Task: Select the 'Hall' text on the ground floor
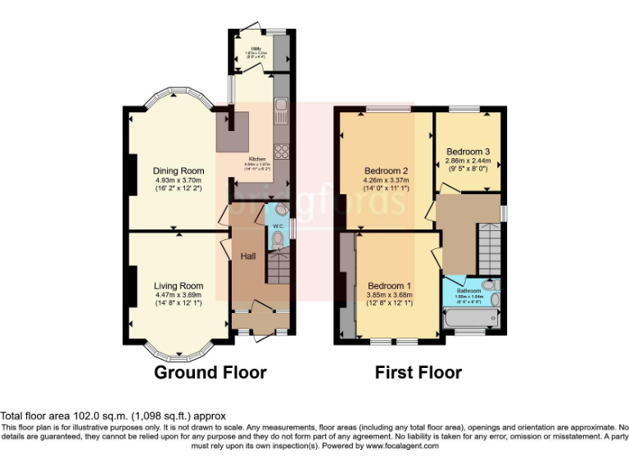tap(248, 256)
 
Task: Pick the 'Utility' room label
tap(256, 49)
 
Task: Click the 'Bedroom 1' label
tap(390, 286)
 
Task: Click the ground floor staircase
tap(279, 267)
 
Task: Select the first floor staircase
tap(490, 245)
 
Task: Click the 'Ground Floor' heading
tap(210, 373)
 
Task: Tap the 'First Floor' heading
tap(418, 373)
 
